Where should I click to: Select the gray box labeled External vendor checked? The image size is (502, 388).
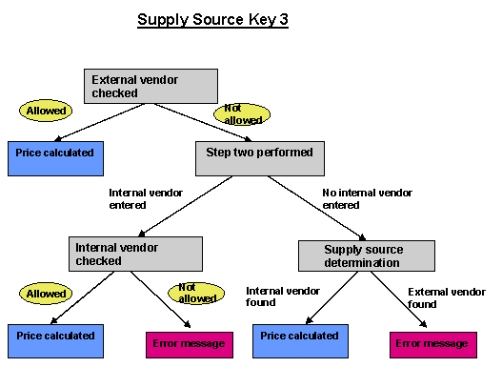[x=151, y=86]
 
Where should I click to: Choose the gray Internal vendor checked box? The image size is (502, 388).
[x=135, y=254]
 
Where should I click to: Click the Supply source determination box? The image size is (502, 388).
[x=366, y=255]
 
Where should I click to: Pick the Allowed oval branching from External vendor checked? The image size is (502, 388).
[x=47, y=111]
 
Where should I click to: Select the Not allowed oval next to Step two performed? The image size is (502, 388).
[x=242, y=114]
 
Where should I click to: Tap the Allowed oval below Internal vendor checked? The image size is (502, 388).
[x=47, y=294]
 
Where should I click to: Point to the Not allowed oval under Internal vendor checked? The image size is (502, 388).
[x=195, y=294]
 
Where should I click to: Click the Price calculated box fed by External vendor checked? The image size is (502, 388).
[x=54, y=156]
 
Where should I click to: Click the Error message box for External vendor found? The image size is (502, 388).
[x=432, y=343]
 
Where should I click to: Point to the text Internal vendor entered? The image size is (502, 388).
[x=128, y=198]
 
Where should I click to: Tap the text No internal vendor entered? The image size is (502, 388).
[x=367, y=198]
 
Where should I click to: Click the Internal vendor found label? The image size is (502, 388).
[x=274, y=296]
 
